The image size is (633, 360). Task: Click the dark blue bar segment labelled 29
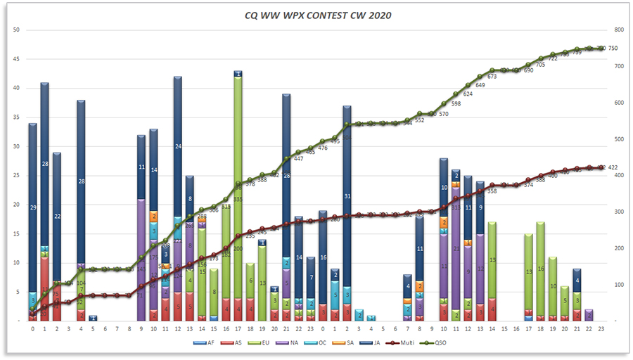tap(32, 207)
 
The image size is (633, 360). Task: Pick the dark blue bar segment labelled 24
tap(177, 146)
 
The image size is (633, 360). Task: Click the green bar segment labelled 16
tap(540, 269)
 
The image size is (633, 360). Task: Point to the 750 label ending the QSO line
tap(613, 49)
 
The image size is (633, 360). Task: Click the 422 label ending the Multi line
tap(613, 167)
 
